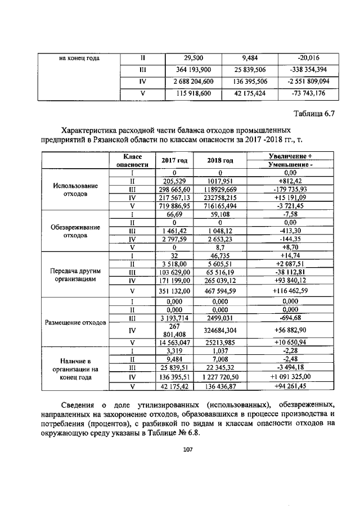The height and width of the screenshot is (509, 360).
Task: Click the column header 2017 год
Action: [173, 161]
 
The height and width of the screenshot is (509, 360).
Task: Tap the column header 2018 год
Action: [219, 161]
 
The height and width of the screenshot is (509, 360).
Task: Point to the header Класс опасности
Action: [132, 161]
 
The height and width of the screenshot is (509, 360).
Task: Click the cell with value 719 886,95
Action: [173, 206]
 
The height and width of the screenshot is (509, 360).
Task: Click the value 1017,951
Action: [219, 181]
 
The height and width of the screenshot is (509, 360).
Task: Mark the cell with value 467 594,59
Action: [219, 291]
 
